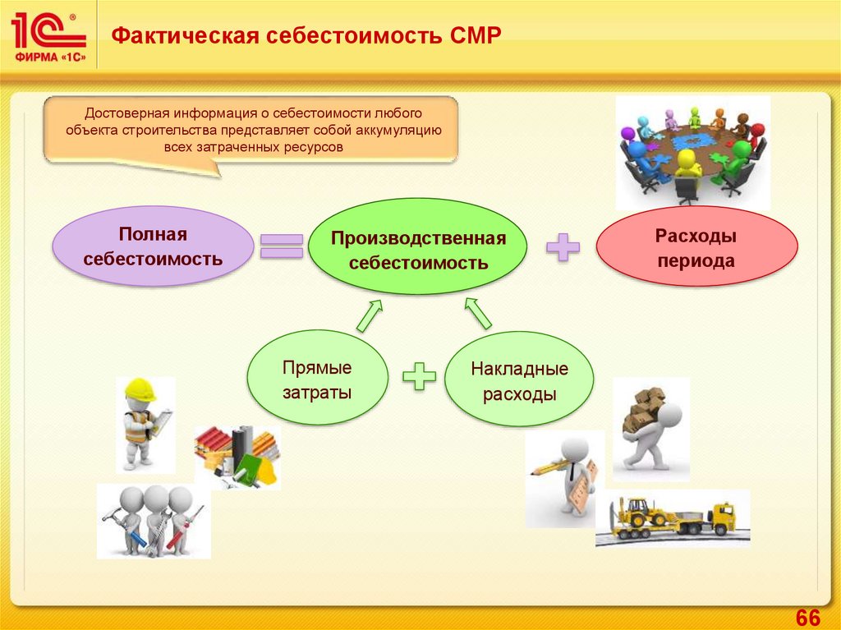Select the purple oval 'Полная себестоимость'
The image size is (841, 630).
point(154,246)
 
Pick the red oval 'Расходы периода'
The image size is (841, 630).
point(696,249)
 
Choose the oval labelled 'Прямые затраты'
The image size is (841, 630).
point(317,379)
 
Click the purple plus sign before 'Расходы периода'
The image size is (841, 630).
point(563,247)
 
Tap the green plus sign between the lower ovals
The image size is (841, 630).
point(419,377)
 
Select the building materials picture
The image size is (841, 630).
point(237,454)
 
